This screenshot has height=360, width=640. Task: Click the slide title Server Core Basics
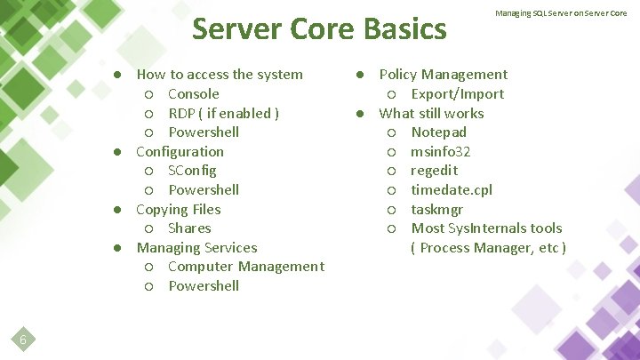pyautogui.click(x=319, y=29)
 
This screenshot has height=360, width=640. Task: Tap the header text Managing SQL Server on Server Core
pyautogui.click(x=561, y=13)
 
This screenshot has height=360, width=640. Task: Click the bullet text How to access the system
pyautogui.click(x=220, y=75)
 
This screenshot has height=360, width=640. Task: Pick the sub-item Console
pyautogui.click(x=193, y=94)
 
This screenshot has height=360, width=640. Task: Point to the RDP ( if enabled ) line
pyautogui.click(x=223, y=113)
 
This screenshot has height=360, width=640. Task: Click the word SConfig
pyautogui.click(x=192, y=171)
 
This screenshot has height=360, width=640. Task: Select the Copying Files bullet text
pyautogui.click(x=178, y=210)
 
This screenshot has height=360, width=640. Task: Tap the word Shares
pyautogui.click(x=189, y=228)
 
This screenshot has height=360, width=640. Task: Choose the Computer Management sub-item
pyautogui.click(x=245, y=267)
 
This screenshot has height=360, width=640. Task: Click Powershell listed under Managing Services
pyautogui.click(x=204, y=286)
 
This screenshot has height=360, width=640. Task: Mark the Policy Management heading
pyautogui.click(x=444, y=75)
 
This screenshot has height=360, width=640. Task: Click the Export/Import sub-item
pyautogui.click(x=457, y=94)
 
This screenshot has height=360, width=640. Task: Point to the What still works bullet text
pyautogui.click(x=431, y=114)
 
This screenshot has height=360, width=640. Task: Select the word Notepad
pyautogui.click(x=438, y=132)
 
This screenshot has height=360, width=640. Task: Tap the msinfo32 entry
pyautogui.click(x=440, y=152)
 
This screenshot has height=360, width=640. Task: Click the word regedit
pyautogui.click(x=433, y=171)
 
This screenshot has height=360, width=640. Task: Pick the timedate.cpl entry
pyautogui.click(x=451, y=190)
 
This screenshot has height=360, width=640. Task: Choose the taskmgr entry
pyautogui.click(x=436, y=210)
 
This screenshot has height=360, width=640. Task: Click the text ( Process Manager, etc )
pyautogui.click(x=488, y=248)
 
